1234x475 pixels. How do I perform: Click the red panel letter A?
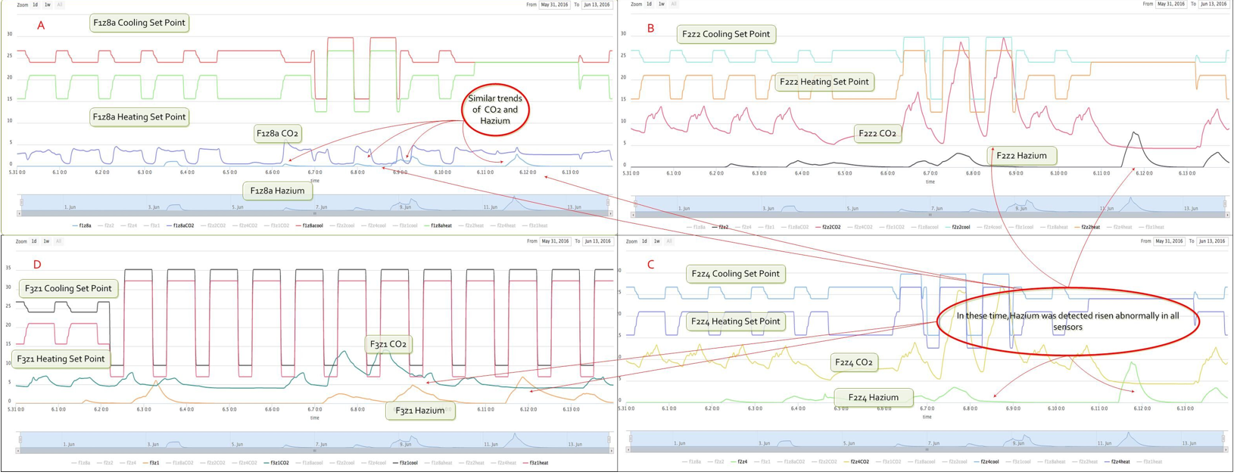tap(41, 26)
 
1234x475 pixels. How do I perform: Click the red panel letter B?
tap(650, 29)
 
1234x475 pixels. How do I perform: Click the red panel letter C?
tap(650, 265)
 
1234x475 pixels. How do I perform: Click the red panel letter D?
tap(37, 265)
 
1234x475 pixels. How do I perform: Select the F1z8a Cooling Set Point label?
tap(139, 23)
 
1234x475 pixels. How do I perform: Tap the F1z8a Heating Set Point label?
tap(139, 116)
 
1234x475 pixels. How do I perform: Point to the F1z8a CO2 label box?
tap(277, 133)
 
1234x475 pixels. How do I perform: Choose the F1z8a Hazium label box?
tap(277, 191)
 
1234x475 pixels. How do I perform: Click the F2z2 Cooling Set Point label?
tap(725, 34)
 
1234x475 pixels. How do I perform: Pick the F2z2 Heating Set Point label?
tap(824, 82)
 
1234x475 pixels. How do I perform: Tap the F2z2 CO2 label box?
tap(877, 133)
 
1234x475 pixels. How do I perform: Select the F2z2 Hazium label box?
tap(1021, 156)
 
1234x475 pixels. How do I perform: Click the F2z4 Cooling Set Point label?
tap(734, 274)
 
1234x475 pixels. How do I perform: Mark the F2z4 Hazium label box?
tap(873, 397)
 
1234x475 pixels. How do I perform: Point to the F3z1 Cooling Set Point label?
tap(68, 288)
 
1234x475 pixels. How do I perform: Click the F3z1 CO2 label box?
tap(388, 344)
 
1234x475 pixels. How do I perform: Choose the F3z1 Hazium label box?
tap(419, 410)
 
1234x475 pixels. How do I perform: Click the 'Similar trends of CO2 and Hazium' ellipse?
tap(495, 110)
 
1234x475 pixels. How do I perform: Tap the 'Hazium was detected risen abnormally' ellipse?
tap(1067, 321)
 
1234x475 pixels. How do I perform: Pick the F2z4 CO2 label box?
tap(853, 362)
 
